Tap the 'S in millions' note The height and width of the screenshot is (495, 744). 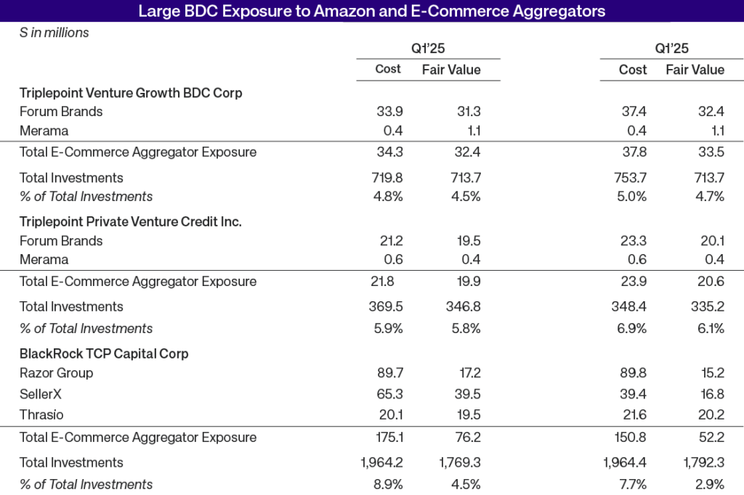[x=54, y=33]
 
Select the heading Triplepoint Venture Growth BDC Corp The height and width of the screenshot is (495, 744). [x=131, y=93]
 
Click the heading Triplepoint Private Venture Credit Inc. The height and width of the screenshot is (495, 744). [x=131, y=222]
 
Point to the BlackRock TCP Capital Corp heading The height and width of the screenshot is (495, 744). [x=104, y=354]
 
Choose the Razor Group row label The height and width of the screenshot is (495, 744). [x=56, y=373]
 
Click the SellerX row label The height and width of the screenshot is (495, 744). [x=41, y=394]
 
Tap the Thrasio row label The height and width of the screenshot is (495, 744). [x=41, y=415]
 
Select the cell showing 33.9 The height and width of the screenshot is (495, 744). [x=389, y=112]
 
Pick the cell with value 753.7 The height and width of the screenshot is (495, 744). [x=630, y=178]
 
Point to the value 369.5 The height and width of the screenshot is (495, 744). [x=387, y=307]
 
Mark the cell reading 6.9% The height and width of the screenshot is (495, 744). [x=632, y=329]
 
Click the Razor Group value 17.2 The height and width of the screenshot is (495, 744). [x=466, y=373]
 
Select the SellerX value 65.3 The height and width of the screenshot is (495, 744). [x=389, y=394]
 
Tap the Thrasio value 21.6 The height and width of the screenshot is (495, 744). [x=632, y=415]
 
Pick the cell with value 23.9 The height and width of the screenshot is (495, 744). [x=632, y=282]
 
